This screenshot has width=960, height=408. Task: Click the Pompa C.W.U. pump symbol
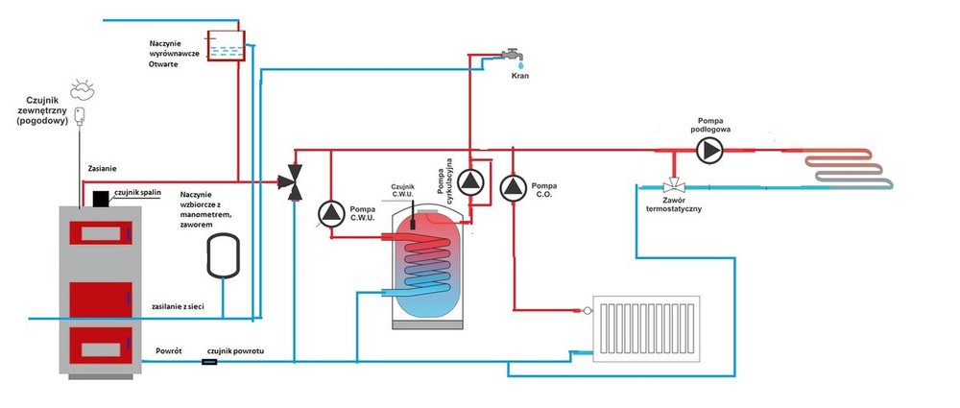tap(330, 213)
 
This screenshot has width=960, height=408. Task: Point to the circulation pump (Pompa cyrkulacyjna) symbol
tap(470, 180)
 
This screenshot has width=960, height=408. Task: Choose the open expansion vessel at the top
tap(227, 45)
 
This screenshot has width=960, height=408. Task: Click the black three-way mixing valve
tap(295, 180)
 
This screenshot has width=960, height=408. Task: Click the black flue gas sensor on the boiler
tap(100, 198)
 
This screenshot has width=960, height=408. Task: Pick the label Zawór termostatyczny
tap(673, 204)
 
